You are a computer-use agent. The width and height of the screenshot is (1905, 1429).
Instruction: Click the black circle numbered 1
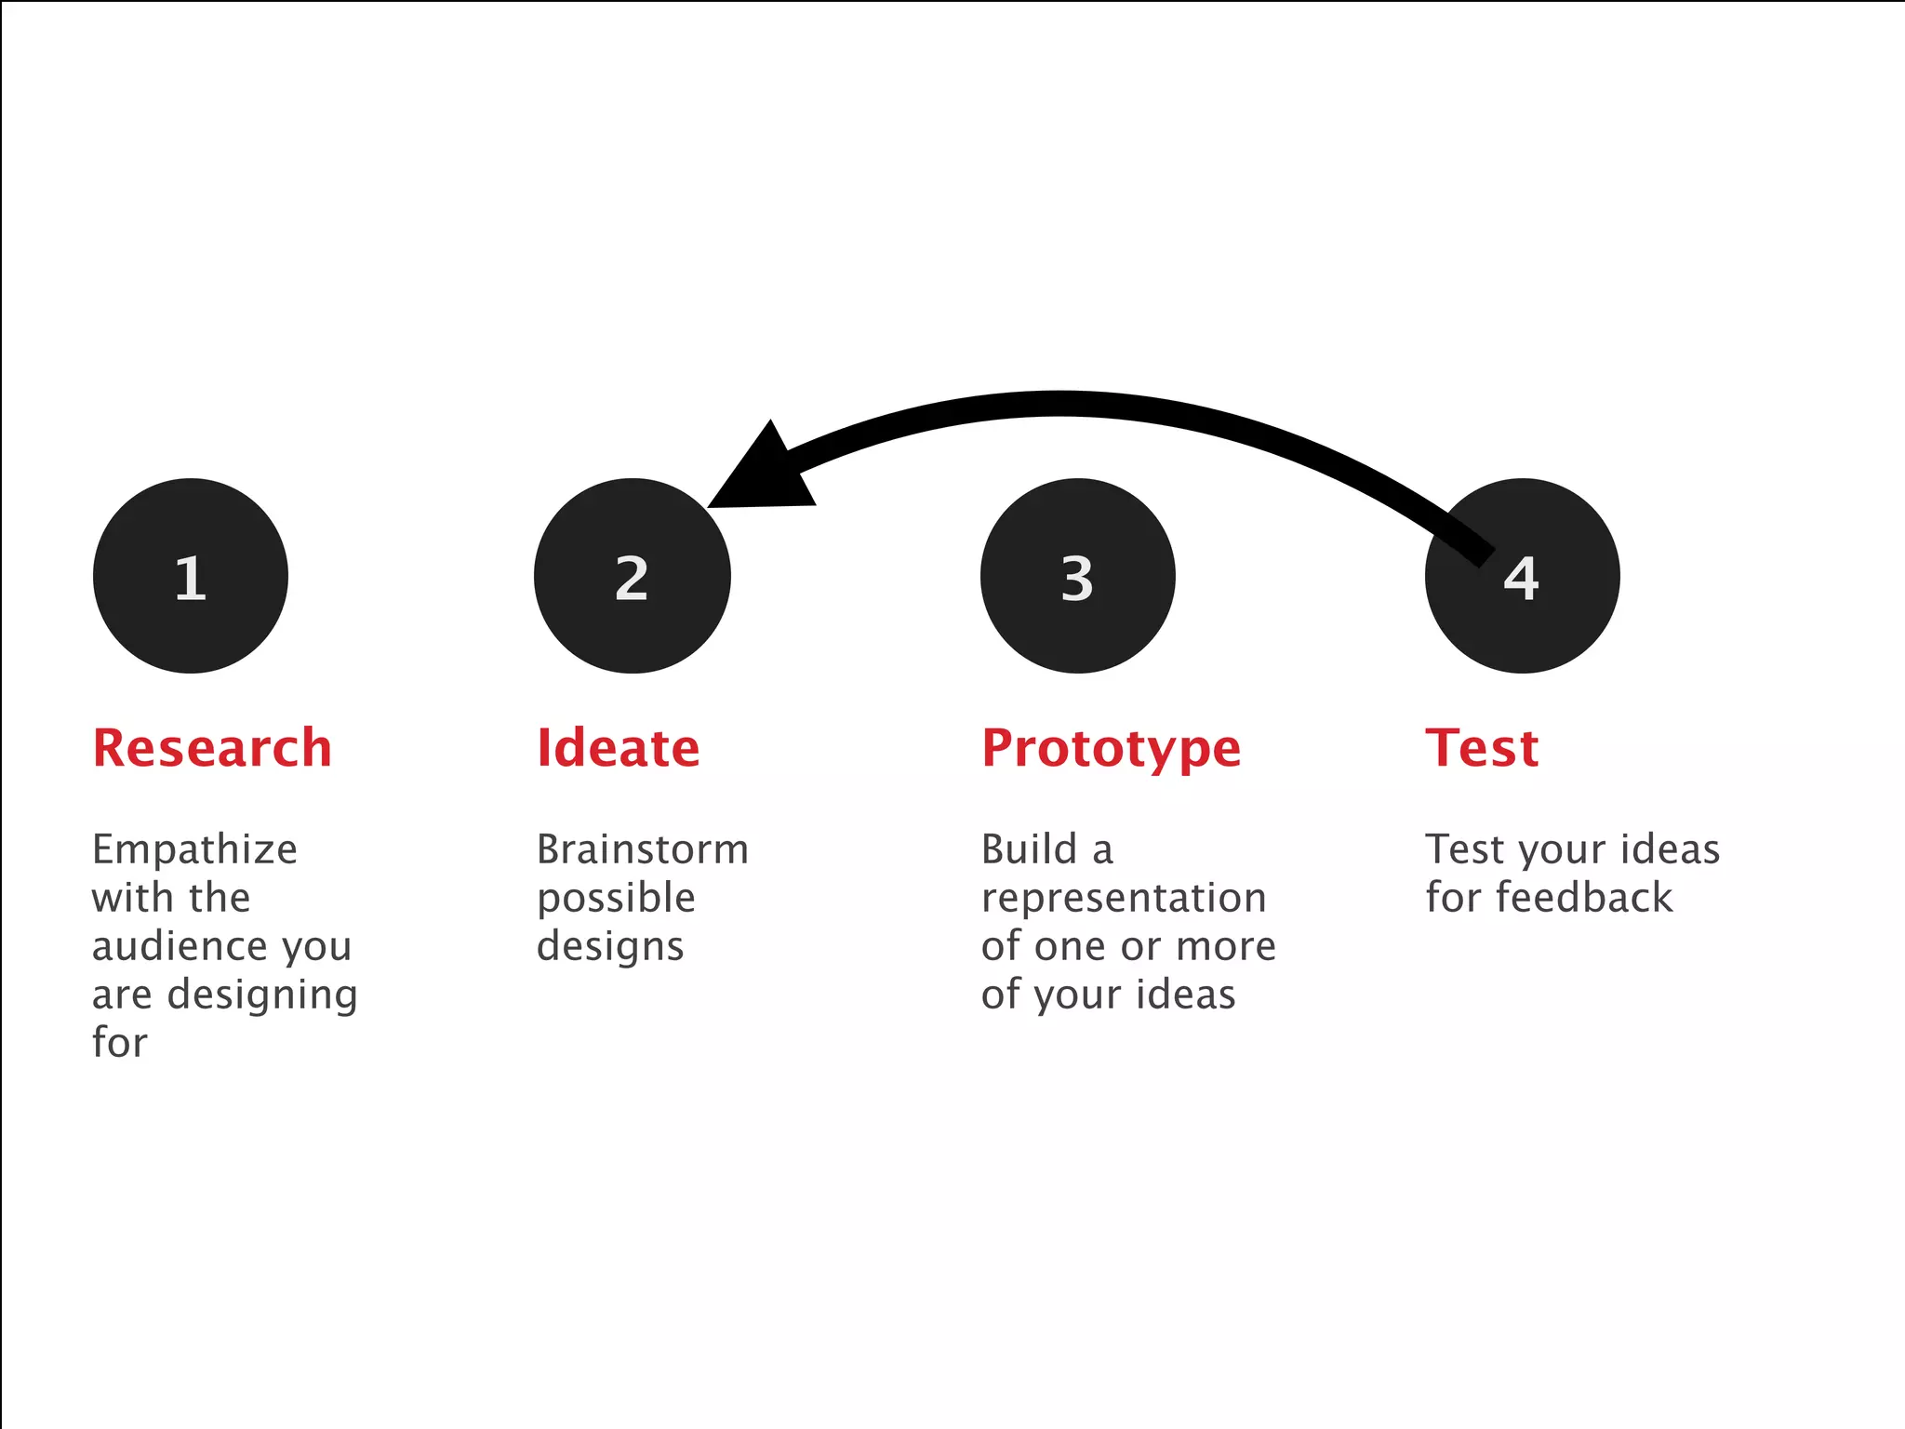[191, 576]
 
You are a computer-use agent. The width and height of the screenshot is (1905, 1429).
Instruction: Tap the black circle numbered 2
[632, 576]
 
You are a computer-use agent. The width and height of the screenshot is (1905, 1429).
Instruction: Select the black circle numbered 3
[1077, 576]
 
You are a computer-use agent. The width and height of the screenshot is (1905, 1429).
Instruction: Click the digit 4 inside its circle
[1522, 578]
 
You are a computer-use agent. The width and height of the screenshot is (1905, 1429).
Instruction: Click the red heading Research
[212, 748]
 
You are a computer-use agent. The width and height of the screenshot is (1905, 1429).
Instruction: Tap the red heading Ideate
[618, 748]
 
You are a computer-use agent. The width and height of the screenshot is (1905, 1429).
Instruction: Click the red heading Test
[1482, 748]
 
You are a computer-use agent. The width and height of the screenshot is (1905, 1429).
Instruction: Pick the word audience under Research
[179, 946]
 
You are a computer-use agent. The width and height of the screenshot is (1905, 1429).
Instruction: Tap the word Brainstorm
[642, 849]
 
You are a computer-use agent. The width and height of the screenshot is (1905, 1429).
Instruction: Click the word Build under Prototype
[1029, 849]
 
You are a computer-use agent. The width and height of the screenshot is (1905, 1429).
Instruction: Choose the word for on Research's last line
[119, 1043]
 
